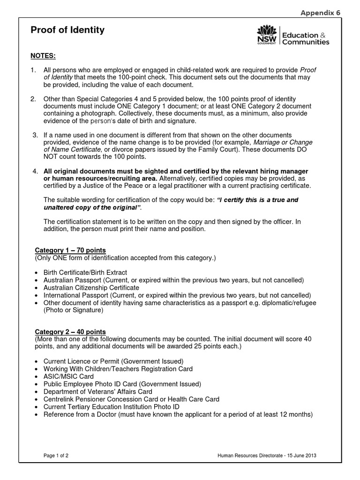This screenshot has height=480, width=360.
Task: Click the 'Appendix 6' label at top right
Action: tap(321, 13)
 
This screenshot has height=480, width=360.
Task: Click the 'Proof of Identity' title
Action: tap(67, 30)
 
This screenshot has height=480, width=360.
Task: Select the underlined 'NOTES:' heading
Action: tap(43, 56)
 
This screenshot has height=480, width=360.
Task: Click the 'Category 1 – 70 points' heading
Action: tap(71, 250)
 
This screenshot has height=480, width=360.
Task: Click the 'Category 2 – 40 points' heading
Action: tap(71, 331)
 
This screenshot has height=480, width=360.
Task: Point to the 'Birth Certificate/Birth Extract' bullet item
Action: tap(85, 272)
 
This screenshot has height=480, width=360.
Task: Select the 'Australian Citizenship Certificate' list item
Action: tap(91, 287)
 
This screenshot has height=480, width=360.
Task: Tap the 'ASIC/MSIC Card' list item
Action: tap(68, 376)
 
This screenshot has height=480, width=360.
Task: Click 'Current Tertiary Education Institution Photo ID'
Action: tap(111, 406)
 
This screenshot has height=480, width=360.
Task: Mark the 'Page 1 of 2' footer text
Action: tap(56, 456)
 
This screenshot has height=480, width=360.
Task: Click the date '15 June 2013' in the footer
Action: tap(307, 456)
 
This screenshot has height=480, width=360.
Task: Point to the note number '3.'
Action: tap(35, 135)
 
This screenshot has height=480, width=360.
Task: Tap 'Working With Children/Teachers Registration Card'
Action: tap(118, 369)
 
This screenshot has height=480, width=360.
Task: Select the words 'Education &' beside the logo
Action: tap(305, 35)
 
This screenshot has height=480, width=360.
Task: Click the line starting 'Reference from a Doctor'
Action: tap(178, 414)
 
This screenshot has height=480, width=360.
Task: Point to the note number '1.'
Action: tap(33, 70)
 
